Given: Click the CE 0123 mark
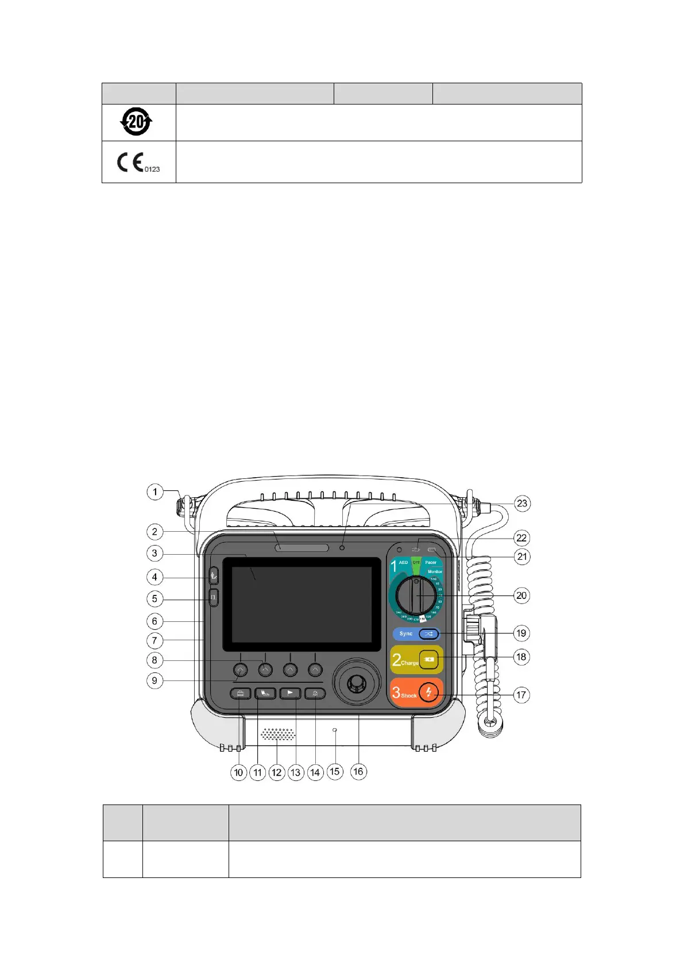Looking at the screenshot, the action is [138, 163].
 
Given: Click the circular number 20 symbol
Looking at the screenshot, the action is [136, 122].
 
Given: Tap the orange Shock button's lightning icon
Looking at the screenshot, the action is [428, 692].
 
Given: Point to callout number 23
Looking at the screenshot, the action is [521, 504].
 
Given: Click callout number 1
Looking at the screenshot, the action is [154, 492].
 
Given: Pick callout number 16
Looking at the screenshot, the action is [358, 771].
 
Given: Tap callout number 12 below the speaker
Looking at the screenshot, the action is [277, 772].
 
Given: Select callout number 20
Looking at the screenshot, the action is [521, 595].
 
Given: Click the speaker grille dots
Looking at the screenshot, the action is [279, 734].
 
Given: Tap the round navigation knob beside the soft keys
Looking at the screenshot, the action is [357, 683].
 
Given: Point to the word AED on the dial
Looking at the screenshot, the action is [403, 563].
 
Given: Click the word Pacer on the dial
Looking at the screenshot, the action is [431, 563].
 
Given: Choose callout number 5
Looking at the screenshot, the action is [154, 599].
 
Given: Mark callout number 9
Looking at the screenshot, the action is [154, 681].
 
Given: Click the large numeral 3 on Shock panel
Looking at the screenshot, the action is [396, 692].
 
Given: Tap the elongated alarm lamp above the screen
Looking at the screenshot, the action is [302, 548].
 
